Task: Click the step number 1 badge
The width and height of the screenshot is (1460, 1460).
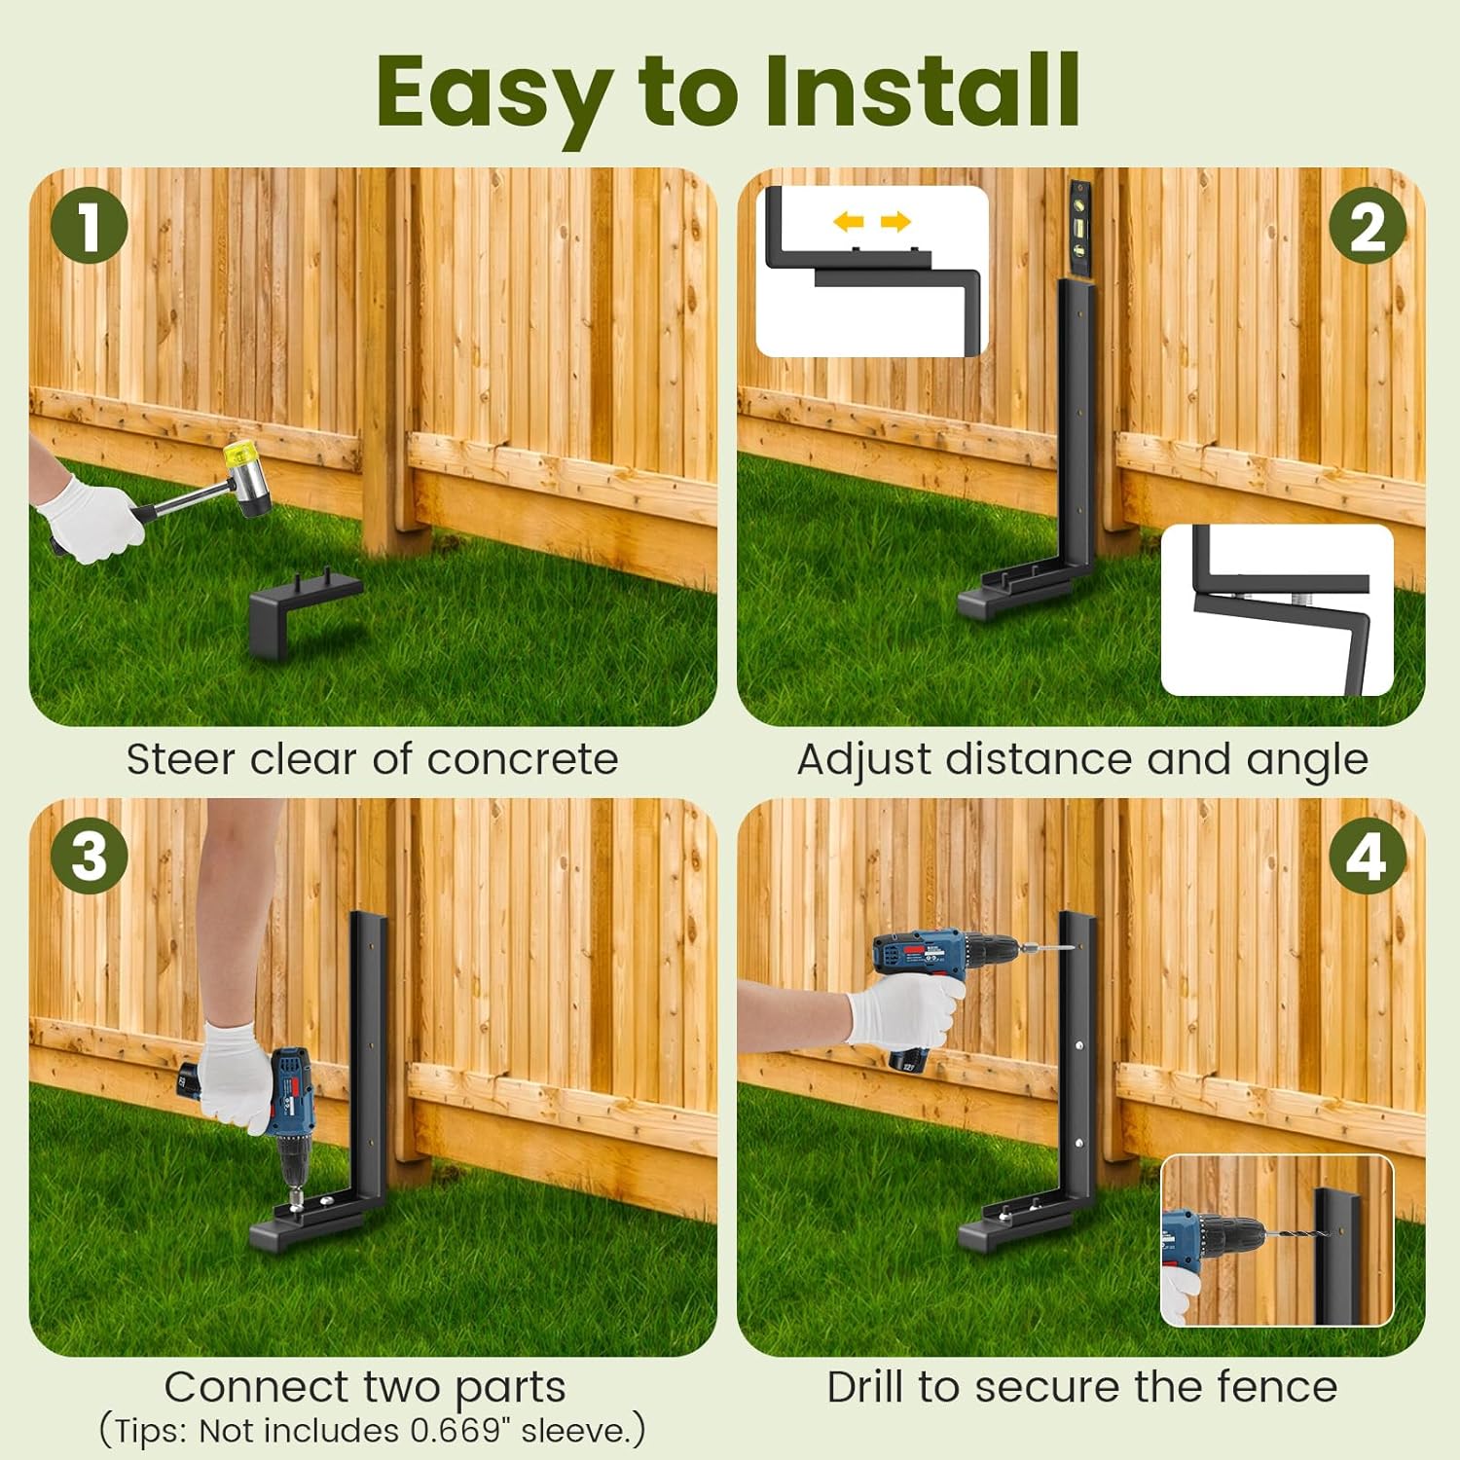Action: [x=90, y=226]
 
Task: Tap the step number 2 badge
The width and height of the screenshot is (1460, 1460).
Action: [x=1368, y=226]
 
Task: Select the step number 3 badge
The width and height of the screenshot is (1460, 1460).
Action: [x=90, y=857]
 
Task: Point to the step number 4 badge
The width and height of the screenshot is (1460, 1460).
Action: [x=1368, y=857]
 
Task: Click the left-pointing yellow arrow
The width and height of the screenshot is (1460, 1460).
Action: [x=849, y=222]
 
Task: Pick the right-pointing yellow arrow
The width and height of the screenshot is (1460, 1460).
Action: [x=895, y=222]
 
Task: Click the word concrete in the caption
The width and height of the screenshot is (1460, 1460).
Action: [x=523, y=759]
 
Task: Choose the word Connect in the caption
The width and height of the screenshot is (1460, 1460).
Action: [x=255, y=1387]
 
